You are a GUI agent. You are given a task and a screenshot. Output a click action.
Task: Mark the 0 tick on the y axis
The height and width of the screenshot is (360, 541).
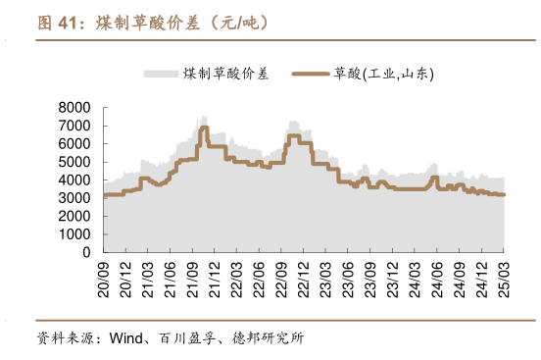click(85, 252)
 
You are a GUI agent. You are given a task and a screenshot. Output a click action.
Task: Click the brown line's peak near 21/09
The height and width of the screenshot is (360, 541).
click(204, 128)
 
